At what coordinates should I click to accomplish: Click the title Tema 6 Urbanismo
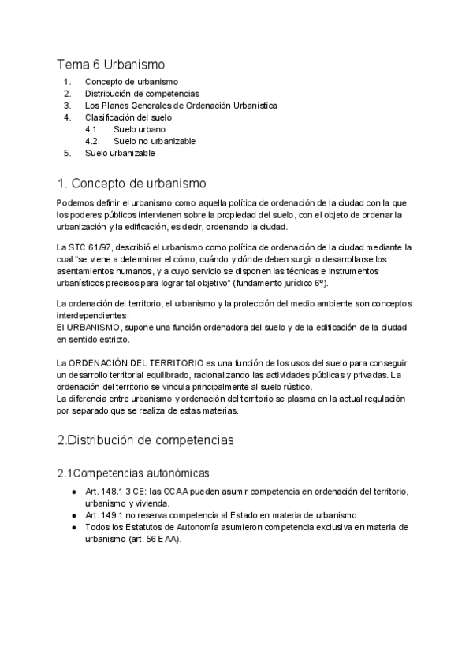pyautogui.click(x=110, y=64)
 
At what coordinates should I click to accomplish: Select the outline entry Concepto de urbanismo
pyautogui.click(x=131, y=81)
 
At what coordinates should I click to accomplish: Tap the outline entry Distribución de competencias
pyautogui.click(x=142, y=93)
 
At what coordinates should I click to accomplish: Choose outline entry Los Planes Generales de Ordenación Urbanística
pyautogui.click(x=181, y=105)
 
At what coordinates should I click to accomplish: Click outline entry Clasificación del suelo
pyautogui.click(x=128, y=117)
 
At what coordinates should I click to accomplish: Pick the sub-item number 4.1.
pyautogui.click(x=91, y=128)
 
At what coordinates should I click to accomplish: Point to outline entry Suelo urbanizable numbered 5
pyautogui.click(x=121, y=153)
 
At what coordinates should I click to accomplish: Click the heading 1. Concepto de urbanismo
pyautogui.click(x=132, y=184)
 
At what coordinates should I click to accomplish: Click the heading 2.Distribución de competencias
pyautogui.click(x=146, y=440)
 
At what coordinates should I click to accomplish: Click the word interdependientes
pyautogui.click(x=92, y=315)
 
